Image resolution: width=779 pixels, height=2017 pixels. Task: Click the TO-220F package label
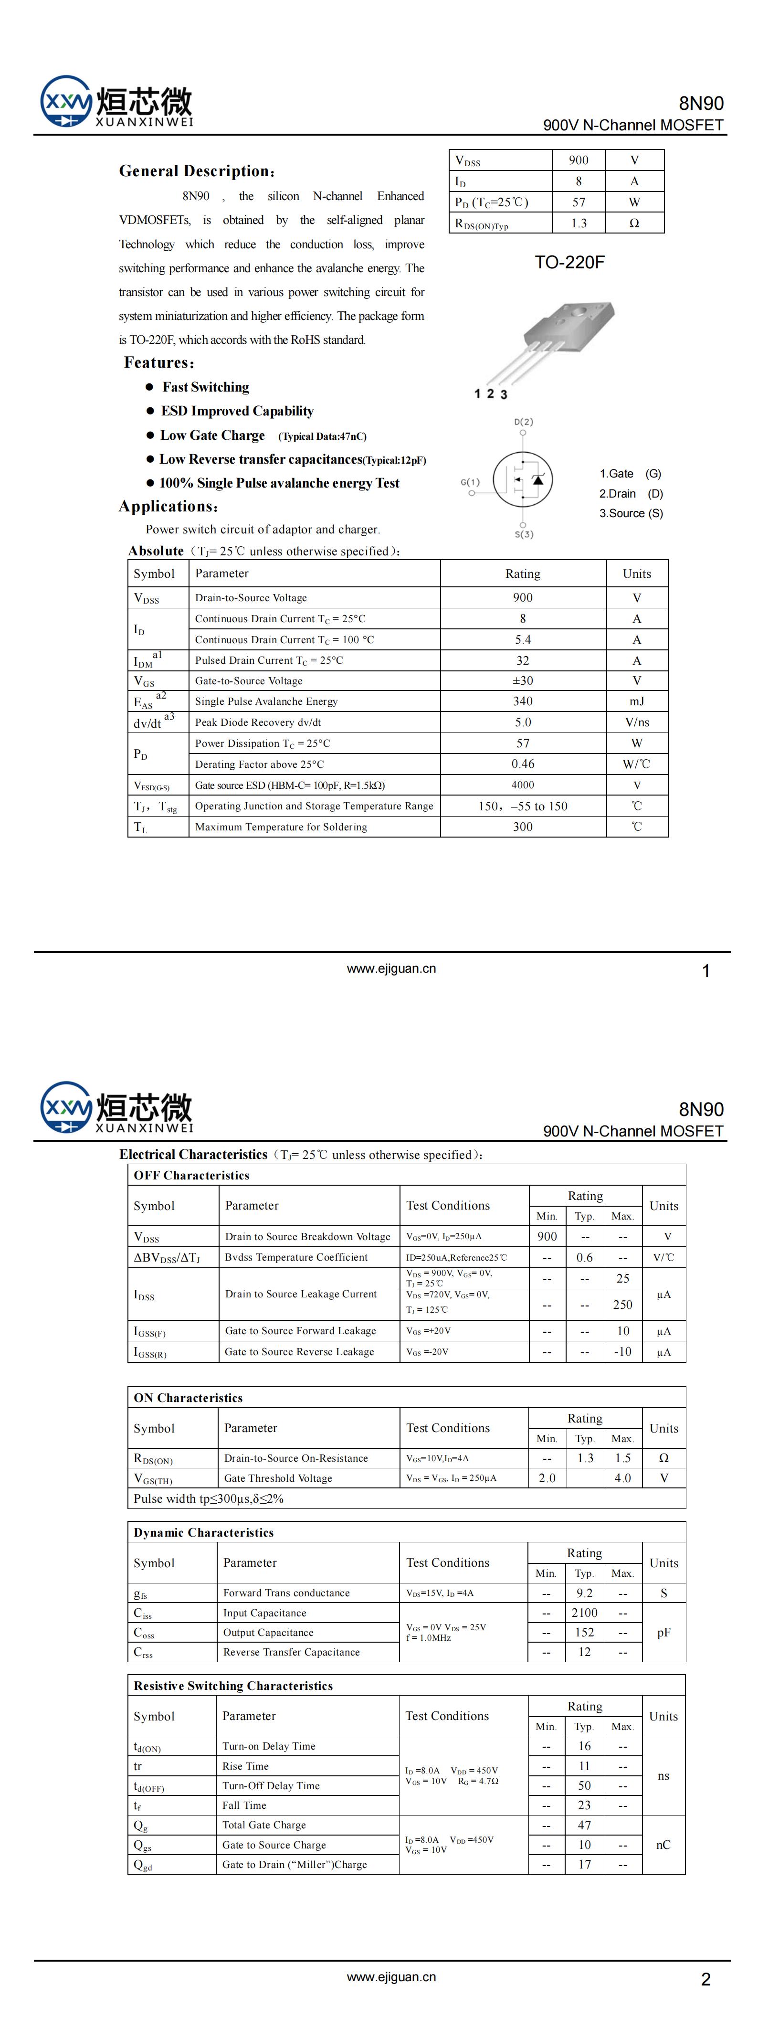[569, 262]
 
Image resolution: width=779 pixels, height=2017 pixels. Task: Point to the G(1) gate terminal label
[470, 482]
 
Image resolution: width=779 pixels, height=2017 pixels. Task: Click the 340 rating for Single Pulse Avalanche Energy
[522, 701]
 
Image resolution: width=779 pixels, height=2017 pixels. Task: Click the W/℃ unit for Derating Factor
[636, 764]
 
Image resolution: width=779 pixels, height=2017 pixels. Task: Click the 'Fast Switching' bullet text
[206, 387]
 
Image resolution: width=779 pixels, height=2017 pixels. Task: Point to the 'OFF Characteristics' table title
[191, 1175]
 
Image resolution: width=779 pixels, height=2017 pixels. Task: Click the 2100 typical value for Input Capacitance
[584, 1613]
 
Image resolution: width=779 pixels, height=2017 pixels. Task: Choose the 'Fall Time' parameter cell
[244, 1805]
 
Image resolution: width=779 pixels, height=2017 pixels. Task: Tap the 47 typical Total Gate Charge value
[584, 1825]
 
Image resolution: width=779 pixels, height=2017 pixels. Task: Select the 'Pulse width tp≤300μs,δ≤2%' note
[208, 1498]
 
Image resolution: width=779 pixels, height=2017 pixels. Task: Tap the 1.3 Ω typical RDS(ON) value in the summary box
[579, 223]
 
